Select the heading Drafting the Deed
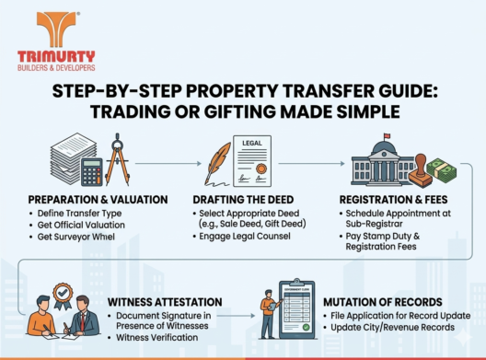point(246,199)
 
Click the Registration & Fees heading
point(399,199)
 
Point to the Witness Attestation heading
point(167,301)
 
